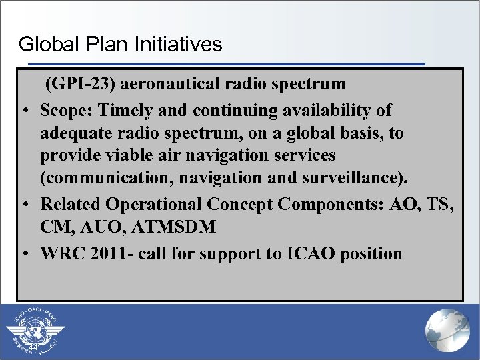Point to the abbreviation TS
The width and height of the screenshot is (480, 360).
pos(441,204)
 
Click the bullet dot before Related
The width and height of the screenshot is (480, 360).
pos(24,205)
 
